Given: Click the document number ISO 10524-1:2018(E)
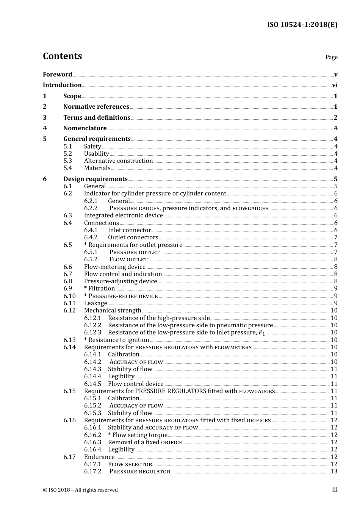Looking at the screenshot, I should pos(302,25).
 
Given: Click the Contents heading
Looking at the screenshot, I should pos(62,56).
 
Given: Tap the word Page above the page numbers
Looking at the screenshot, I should pos(331,57).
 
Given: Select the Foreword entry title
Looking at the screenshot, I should pos(57,74).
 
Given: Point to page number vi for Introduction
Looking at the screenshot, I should pos(335,85).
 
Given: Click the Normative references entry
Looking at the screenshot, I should pos(96,107).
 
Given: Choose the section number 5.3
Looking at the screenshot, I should pos(67,161).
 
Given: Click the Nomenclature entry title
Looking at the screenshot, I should pos(85,128).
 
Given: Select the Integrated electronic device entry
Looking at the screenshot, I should pos(123,215).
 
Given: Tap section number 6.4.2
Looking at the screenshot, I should pos(91,237).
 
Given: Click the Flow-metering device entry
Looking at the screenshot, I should pos(114,267).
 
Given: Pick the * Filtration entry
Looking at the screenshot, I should pos(99,289).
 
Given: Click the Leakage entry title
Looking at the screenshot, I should pos(95,303).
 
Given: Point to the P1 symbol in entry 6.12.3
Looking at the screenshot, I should pos(261,333).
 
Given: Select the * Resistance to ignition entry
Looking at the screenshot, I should pos(116,340).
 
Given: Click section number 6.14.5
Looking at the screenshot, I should pos(92,384).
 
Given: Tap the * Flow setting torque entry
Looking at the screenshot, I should pos(138,435).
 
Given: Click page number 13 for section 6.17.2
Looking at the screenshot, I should pos(334,472).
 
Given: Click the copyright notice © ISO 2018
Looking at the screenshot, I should pos(80,490).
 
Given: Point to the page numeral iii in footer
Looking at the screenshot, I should pos(335,490).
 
